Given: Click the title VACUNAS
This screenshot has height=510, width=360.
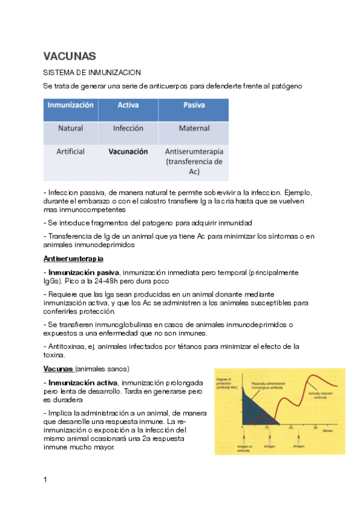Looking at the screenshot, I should point(70,56).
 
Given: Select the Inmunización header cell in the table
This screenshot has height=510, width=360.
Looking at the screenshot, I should point(70,105).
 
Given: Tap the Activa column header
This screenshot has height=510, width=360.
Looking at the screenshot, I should point(127,105).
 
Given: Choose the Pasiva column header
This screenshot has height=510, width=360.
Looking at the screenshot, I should point(194,105).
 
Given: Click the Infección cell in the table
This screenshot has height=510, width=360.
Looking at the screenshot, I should point(128,128).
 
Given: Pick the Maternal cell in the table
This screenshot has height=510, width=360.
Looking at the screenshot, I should point(194,128).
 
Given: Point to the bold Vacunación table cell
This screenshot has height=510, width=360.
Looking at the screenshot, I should point(128,152).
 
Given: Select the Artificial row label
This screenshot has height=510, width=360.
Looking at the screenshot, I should point(70,152).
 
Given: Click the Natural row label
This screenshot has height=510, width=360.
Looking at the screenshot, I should point(70,128).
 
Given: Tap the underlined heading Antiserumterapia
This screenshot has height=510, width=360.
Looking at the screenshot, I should point(73,259).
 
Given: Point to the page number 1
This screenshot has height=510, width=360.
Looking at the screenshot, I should point(46,479).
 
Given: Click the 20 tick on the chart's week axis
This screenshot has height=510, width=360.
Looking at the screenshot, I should point(291,427).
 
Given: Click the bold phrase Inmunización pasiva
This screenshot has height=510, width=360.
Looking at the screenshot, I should point(84,272).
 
